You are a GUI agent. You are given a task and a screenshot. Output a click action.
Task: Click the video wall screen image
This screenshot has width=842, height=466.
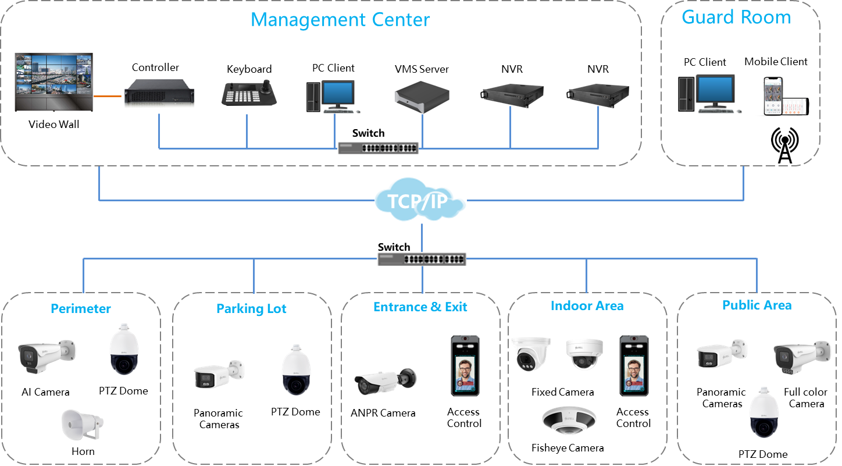click(53, 82)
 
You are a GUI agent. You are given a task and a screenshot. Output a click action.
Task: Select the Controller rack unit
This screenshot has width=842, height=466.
click(155, 91)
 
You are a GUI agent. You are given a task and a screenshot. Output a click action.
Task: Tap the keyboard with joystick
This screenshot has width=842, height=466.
click(248, 92)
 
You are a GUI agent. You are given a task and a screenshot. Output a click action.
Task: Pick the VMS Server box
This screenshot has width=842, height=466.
click(422, 97)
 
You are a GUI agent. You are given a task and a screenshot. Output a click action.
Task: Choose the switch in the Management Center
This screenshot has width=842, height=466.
click(378, 147)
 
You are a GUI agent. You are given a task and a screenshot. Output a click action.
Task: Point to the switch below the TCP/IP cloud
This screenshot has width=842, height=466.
click(422, 258)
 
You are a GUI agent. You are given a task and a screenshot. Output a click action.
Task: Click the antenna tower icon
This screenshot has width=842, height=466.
click(784, 145)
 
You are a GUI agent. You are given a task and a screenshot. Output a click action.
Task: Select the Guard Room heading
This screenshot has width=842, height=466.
click(736, 17)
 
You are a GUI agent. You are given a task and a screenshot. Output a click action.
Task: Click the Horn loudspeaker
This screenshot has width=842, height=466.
click(82, 425)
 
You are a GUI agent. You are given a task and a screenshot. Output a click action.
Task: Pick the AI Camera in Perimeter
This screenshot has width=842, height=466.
click(46, 355)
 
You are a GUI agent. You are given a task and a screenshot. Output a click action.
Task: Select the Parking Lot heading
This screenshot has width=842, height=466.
click(252, 308)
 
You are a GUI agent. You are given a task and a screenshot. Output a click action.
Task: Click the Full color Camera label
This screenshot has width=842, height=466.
click(806, 398)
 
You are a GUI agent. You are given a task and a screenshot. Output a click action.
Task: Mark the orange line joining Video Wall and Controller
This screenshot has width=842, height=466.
click(105, 96)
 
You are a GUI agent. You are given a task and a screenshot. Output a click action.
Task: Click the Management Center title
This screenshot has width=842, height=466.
click(340, 20)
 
